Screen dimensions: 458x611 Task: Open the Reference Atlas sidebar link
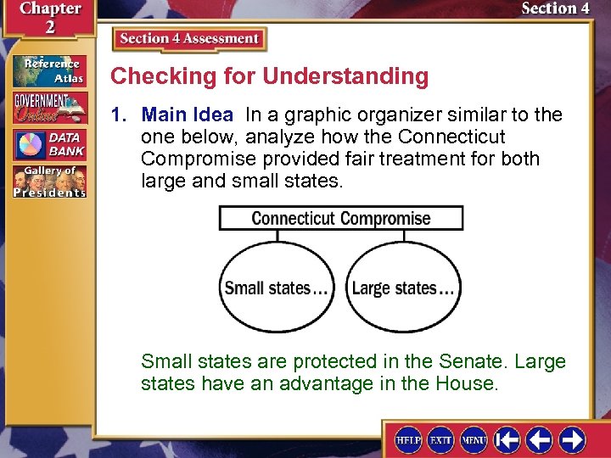pyautogui.click(x=49, y=70)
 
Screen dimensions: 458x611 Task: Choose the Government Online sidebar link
pyautogui.click(x=49, y=108)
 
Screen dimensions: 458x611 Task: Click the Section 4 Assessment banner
pyautogui.click(x=189, y=39)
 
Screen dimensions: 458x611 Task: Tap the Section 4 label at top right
pyautogui.click(x=555, y=8)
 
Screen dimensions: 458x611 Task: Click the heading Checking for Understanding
pyautogui.click(x=269, y=76)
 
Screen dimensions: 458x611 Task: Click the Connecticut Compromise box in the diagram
pyautogui.click(x=341, y=218)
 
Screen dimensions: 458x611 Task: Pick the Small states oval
pyautogui.click(x=276, y=288)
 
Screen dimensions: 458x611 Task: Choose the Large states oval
pyautogui.click(x=404, y=288)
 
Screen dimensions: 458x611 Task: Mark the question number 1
pyautogui.click(x=120, y=114)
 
